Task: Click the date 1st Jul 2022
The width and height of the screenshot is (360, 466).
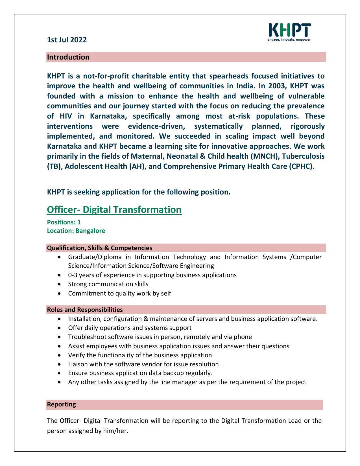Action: tap(67, 40)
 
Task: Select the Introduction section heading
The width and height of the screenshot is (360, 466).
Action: tap(68, 57)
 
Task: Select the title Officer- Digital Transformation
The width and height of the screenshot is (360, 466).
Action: tap(114, 210)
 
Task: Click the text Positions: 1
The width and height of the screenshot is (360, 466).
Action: tap(64, 222)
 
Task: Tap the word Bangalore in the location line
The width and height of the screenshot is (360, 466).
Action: tap(90, 231)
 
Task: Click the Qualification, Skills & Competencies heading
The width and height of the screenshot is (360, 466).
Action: tap(99, 248)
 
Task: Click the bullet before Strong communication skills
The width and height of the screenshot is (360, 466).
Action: tap(59, 284)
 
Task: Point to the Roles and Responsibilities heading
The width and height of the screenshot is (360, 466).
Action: tap(85, 310)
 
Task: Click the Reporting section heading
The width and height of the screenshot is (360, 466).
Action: tap(61, 404)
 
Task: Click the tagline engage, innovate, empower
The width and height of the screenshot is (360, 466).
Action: tap(289, 40)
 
